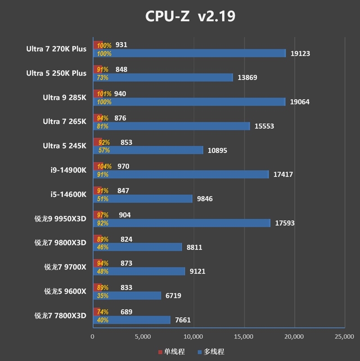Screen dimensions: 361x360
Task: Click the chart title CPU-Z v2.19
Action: (190, 17)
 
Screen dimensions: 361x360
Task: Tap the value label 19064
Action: (300, 102)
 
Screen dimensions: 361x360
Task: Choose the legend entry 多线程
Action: (210, 352)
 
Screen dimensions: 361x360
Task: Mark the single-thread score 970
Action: (123, 167)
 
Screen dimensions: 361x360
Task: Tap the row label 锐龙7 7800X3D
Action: (60, 316)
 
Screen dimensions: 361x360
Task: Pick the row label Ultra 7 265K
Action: (64, 122)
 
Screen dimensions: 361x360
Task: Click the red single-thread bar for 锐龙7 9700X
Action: (97, 263)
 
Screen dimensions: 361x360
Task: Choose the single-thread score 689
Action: (126, 312)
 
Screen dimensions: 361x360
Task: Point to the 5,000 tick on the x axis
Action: (143, 336)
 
